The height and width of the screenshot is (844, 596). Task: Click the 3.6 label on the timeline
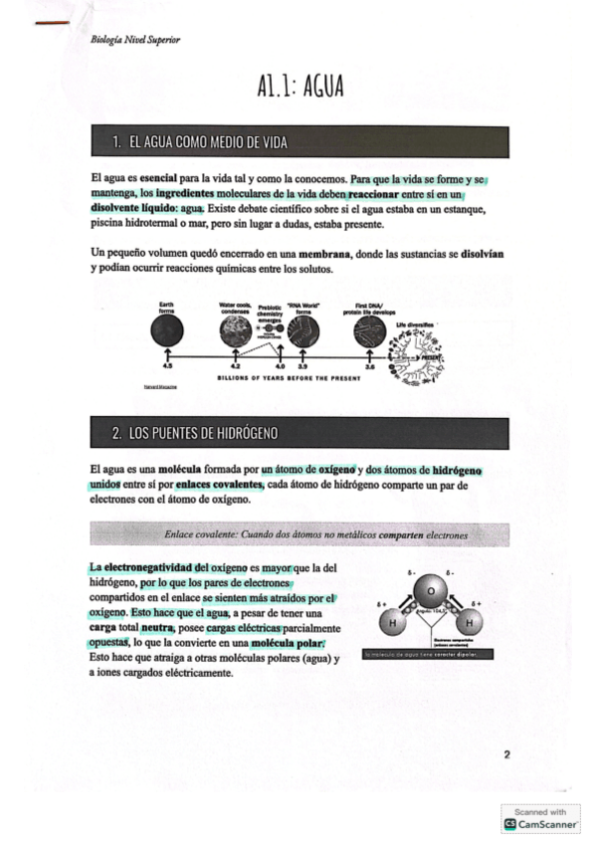point(369,367)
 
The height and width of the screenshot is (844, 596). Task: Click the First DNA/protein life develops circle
point(369,331)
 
